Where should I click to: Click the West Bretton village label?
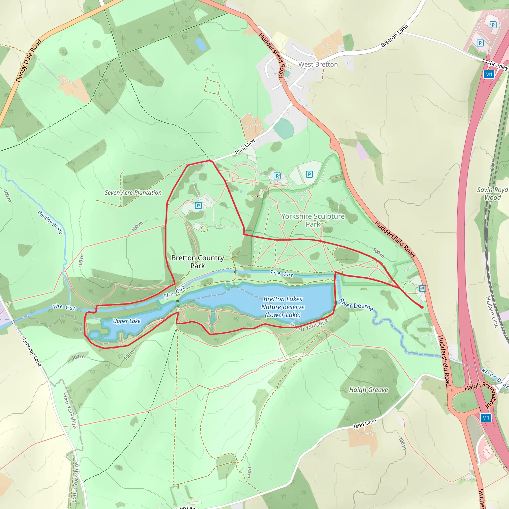click(318, 65)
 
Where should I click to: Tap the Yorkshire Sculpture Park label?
click(313, 220)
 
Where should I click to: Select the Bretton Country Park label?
click(198, 262)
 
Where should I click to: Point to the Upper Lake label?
click(127, 321)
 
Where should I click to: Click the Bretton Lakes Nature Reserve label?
click(283, 307)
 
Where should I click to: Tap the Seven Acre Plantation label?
click(133, 193)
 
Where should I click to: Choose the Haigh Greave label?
click(368, 390)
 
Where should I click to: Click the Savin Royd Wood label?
click(492, 194)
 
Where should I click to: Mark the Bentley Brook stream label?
click(50, 222)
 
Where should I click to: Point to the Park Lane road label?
click(245, 146)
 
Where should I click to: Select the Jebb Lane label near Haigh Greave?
click(365, 424)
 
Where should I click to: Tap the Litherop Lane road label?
click(32, 352)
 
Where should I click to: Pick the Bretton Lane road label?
click(394, 36)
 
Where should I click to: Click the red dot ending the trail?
click(422, 307)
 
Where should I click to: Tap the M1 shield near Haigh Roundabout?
click(486, 418)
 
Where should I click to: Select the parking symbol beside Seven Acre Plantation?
click(198, 206)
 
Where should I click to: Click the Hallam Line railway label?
click(492, 312)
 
